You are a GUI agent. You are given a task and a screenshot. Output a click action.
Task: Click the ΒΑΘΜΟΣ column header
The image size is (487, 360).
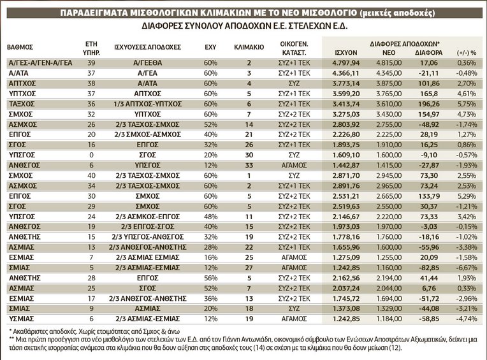(x=21, y=47)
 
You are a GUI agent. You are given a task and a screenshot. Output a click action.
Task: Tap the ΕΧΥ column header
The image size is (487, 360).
(x=210, y=47)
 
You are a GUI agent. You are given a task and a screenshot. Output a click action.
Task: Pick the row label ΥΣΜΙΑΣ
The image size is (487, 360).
(x=22, y=317)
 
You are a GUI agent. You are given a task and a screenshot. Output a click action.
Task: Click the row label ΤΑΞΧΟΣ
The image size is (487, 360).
(x=21, y=104)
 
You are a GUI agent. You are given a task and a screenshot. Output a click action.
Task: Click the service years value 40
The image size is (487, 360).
(x=91, y=175)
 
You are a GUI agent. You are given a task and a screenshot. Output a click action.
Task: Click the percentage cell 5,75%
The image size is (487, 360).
(x=467, y=104)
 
